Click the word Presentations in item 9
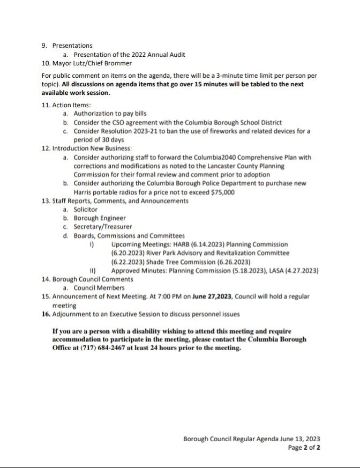pos(72,46)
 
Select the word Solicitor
pos(86,209)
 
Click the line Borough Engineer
pos(100,218)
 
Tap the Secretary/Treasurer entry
pos(103,227)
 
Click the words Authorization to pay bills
pos(110,114)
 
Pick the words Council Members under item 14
pos(99,288)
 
